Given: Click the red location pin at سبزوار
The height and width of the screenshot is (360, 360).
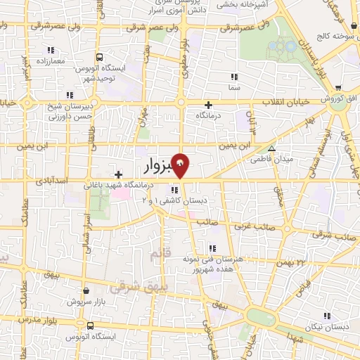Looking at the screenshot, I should [x=181, y=165].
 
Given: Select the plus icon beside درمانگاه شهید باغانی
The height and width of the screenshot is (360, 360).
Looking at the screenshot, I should [x=118, y=174].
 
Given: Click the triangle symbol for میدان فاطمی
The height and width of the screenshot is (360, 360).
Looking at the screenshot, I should [x=271, y=148].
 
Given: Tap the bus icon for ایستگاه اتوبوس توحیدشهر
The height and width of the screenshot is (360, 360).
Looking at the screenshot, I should [x=99, y=57].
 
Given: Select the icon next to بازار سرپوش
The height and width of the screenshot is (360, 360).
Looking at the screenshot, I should [x=86, y=289].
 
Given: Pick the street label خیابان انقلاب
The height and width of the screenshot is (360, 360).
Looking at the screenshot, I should [x=285, y=103].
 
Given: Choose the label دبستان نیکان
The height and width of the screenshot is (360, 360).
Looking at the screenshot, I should [x=330, y=328].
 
